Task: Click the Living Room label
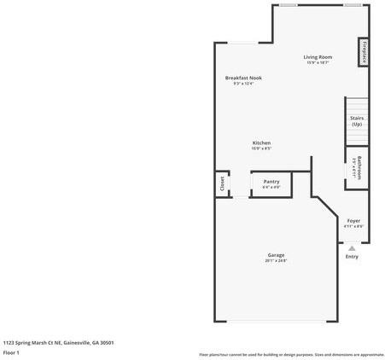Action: click(x=318, y=57)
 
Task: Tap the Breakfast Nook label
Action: click(x=243, y=78)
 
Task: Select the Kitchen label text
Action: click(x=261, y=142)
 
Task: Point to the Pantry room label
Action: click(x=271, y=181)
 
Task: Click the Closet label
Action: click(x=222, y=183)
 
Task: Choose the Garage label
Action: click(x=276, y=255)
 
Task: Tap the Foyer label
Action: click(x=353, y=220)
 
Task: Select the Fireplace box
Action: click(x=364, y=51)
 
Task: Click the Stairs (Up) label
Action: click(x=357, y=121)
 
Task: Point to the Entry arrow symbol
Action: click(x=352, y=248)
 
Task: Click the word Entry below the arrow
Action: click(x=352, y=257)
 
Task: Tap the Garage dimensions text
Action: click(x=276, y=261)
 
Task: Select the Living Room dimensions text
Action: click(x=318, y=63)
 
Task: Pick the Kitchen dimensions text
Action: click(x=261, y=148)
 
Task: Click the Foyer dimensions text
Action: click(x=353, y=226)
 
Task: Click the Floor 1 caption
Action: click(x=11, y=351)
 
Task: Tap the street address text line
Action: click(x=58, y=342)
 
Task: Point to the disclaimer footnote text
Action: click(x=291, y=354)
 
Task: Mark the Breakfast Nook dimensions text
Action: click(x=243, y=84)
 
